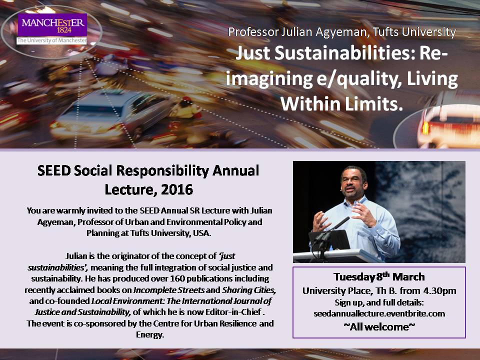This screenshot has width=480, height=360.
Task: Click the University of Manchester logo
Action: pos(52,29)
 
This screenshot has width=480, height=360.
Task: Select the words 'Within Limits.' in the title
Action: pos(341,103)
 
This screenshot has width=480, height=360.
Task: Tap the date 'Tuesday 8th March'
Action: pos(378,276)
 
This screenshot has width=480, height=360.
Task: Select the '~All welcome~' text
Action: pos(378,325)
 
